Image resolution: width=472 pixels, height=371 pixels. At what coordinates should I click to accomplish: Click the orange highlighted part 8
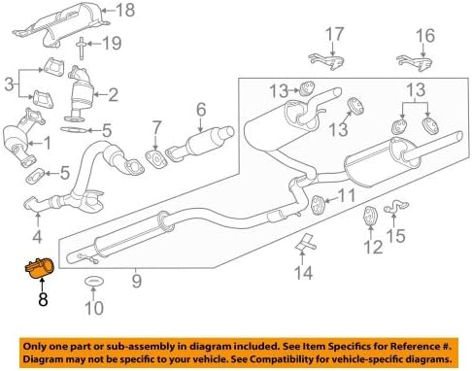[x=40, y=268]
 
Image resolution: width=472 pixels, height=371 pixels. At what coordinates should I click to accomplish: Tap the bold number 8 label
[x=43, y=299]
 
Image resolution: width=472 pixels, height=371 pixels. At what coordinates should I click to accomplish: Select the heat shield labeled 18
[x=61, y=26]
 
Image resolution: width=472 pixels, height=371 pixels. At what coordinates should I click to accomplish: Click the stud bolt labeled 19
[x=81, y=49]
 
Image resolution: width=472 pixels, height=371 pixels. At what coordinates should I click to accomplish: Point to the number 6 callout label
[x=201, y=110]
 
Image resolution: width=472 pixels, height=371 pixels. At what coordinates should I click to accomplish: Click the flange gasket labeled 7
[x=155, y=159]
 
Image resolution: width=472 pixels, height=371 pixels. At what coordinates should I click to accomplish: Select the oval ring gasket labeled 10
[x=93, y=282]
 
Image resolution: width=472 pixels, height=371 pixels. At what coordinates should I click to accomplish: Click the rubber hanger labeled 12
[x=369, y=216]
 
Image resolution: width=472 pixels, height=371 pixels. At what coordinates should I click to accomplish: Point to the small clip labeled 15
[x=396, y=207]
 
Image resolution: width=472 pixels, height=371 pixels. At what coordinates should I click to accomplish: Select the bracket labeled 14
[x=305, y=244]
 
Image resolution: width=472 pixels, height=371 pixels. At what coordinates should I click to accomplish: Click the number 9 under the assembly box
[x=137, y=281]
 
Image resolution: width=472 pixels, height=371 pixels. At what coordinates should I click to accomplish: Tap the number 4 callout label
[x=37, y=236]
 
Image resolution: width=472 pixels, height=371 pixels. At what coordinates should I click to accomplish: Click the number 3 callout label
[x=9, y=84]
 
